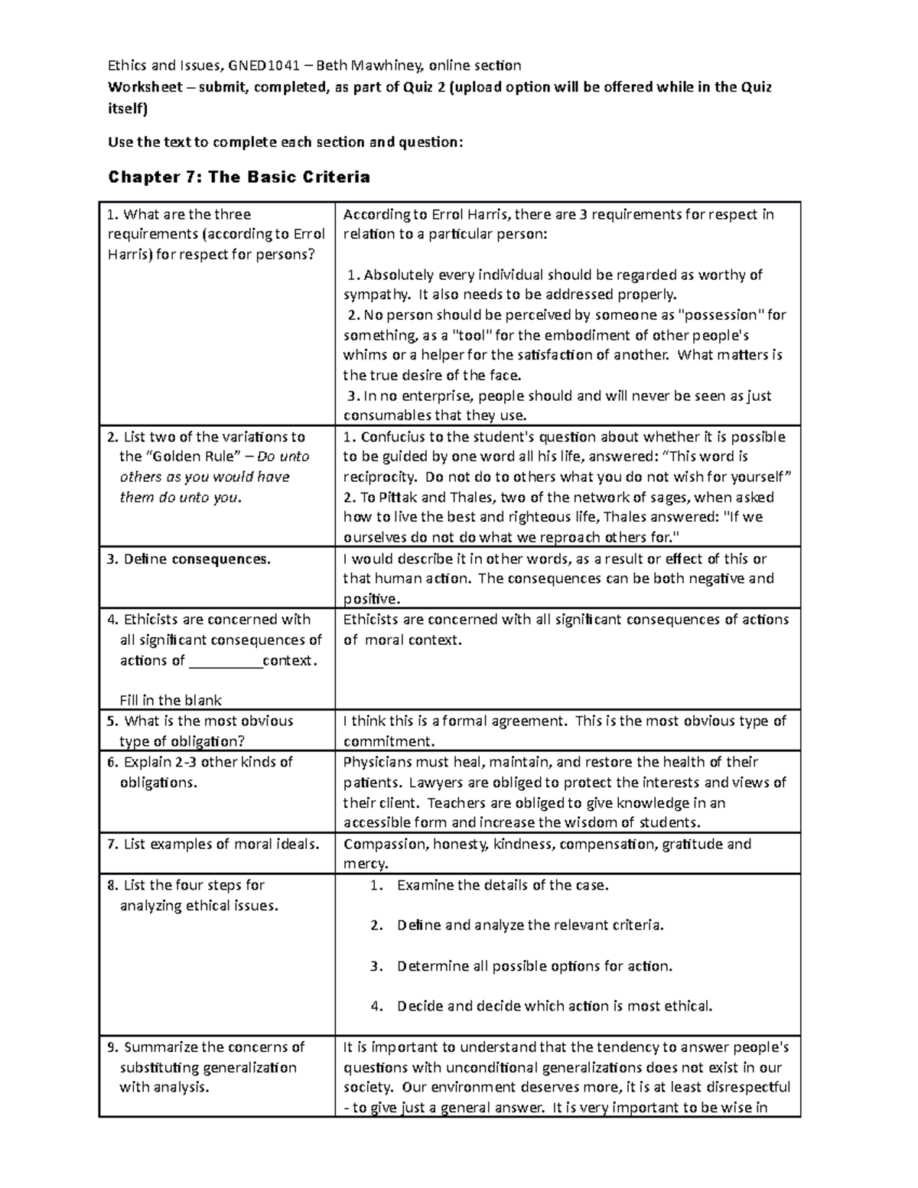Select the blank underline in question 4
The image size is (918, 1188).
tap(225, 661)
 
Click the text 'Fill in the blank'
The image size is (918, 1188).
tap(171, 700)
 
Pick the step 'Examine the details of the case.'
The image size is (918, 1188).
tap(503, 886)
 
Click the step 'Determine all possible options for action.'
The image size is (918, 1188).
tap(535, 966)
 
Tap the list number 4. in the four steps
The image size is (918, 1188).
tap(376, 1007)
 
